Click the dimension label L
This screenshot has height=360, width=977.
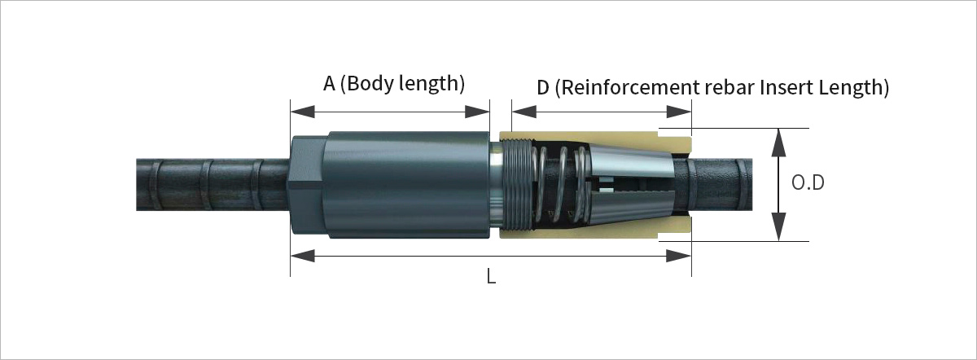click(x=491, y=276)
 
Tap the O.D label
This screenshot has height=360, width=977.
click(x=808, y=183)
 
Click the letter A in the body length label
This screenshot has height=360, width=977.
click(x=329, y=84)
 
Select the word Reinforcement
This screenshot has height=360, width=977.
click(x=631, y=88)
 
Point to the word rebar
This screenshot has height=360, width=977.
click(x=730, y=88)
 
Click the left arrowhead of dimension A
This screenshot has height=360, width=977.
click(x=302, y=112)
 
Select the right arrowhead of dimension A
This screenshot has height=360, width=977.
click(x=477, y=112)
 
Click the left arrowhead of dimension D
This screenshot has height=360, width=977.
click(x=524, y=112)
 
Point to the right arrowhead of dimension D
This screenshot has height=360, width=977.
click(x=679, y=112)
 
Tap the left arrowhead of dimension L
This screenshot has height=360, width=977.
click(x=302, y=256)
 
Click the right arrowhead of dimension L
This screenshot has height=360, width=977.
click(x=679, y=256)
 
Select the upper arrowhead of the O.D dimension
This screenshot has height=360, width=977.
click(x=778, y=143)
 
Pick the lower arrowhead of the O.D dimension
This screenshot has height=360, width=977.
click(x=778, y=227)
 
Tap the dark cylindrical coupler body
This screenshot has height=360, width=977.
click(x=408, y=185)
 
